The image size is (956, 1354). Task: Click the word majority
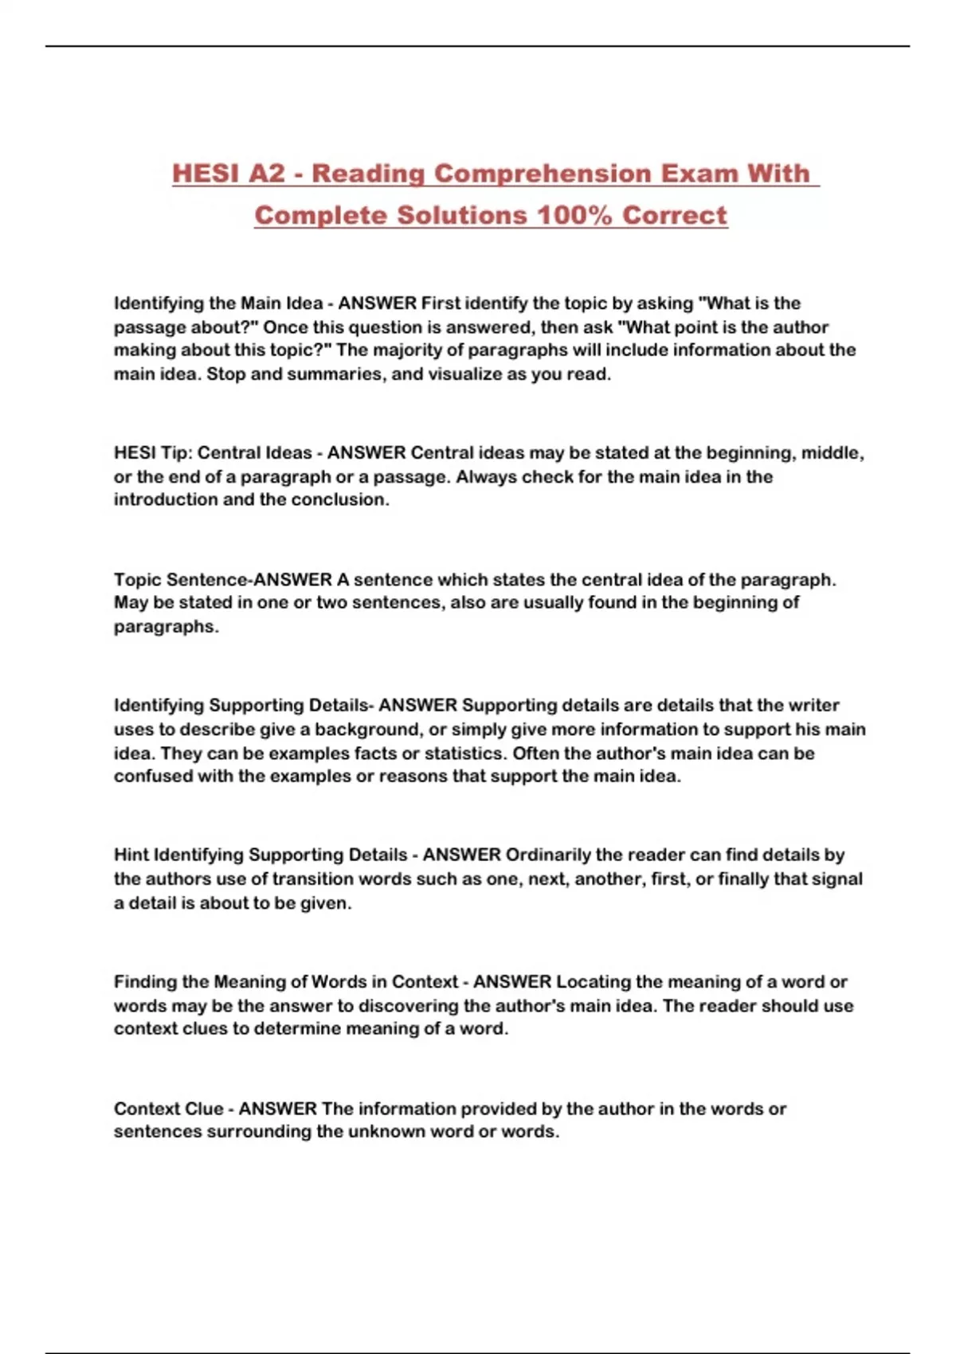pyautogui.click(x=412, y=350)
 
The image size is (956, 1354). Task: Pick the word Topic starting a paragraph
pyautogui.click(x=137, y=580)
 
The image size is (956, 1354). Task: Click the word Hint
pyautogui.click(x=131, y=855)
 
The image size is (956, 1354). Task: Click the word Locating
pyautogui.click(x=590, y=982)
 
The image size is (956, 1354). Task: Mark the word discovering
pyautogui.click(x=407, y=1006)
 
